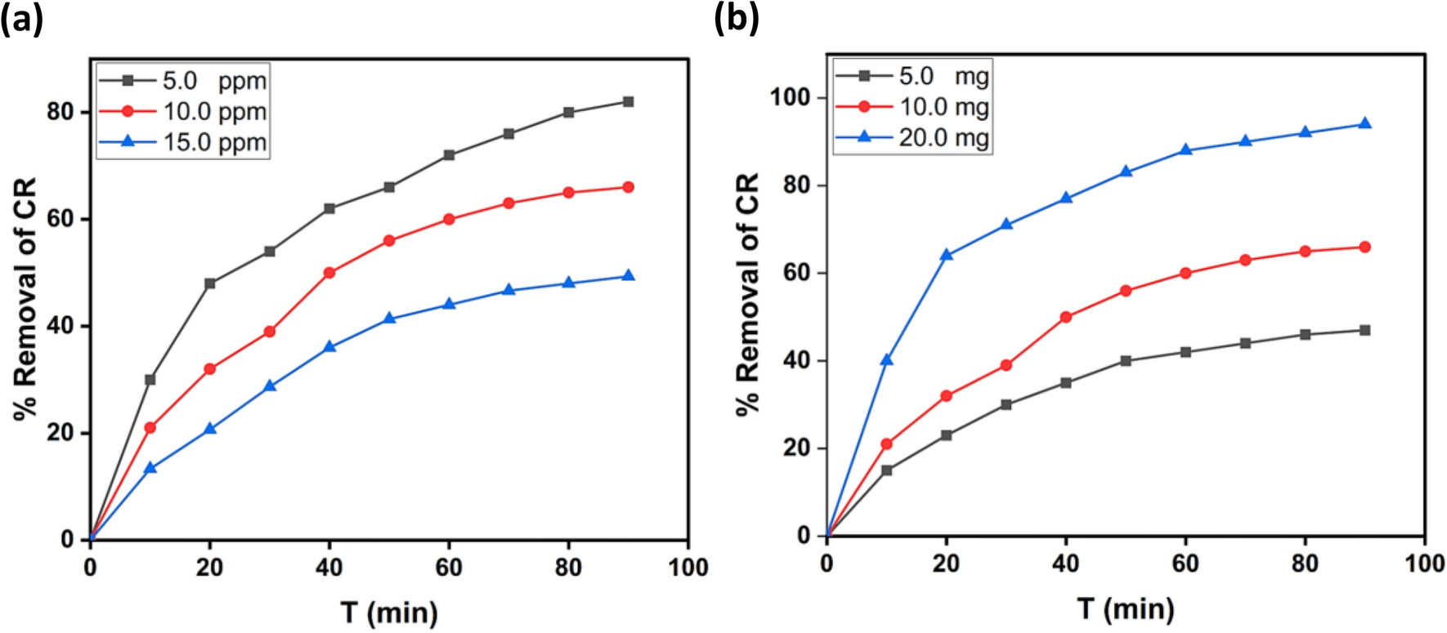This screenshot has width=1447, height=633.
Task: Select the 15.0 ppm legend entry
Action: tap(184, 142)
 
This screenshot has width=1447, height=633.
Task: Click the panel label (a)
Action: tap(21, 18)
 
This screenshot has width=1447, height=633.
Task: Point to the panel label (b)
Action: tap(737, 18)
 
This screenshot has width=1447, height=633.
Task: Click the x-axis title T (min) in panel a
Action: tap(389, 612)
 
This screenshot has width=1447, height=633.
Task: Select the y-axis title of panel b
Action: tap(748, 294)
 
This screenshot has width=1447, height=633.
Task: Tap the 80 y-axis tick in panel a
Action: tap(60, 112)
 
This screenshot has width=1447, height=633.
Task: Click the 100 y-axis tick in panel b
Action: tap(790, 97)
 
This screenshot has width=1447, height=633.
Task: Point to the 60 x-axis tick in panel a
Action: tap(449, 567)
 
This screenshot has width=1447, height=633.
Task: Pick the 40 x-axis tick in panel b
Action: tap(1066, 563)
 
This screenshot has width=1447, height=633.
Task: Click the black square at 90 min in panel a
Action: tap(628, 102)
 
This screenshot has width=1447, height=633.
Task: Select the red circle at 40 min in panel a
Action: tap(329, 273)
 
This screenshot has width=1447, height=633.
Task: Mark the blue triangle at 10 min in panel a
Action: tap(150, 468)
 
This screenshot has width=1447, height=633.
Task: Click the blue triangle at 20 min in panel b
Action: tap(947, 255)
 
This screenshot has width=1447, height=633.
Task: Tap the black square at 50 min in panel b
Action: tap(1126, 360)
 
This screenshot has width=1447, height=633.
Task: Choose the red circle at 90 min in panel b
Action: tap(1364, 247)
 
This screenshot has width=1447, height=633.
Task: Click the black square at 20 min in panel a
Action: tap(210, 283)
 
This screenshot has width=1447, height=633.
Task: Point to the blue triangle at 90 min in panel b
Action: tap(1364, 123)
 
